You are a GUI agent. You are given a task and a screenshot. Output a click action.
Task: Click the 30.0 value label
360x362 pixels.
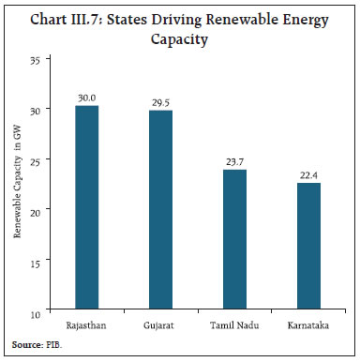(x=87, y=98)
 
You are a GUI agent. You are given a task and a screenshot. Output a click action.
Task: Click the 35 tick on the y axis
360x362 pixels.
(x=36, y=60)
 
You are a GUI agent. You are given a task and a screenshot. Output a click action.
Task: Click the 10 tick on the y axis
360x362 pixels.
(x=36, y=310)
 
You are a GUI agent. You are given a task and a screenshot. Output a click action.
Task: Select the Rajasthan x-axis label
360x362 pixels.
(x=87, y=324)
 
